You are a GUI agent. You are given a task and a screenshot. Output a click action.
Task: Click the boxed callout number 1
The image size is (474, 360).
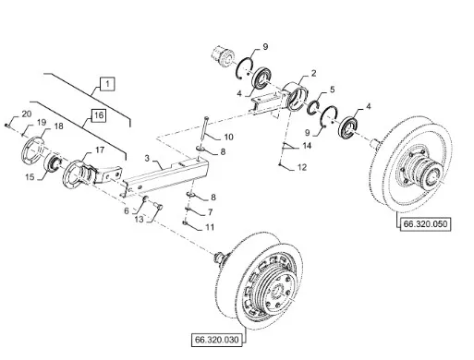point(107,84)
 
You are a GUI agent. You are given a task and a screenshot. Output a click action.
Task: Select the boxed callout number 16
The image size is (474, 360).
point(99,115)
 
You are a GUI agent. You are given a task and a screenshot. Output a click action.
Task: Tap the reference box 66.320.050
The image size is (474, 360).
point(425,223)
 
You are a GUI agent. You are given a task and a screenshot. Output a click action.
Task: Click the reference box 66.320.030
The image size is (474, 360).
point(217,340)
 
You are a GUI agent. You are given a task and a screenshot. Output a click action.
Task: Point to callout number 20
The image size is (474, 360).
point(27,114)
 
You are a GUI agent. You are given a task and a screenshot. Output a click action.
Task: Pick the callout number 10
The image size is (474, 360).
point(228,137)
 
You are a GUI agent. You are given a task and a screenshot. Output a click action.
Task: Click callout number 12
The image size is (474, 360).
point(302,167)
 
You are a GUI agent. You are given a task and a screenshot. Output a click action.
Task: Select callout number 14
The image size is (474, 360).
point(307,146)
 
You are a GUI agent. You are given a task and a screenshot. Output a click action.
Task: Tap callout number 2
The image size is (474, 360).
point(313,73)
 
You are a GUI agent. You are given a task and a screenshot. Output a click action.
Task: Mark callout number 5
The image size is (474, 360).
point(332,90)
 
